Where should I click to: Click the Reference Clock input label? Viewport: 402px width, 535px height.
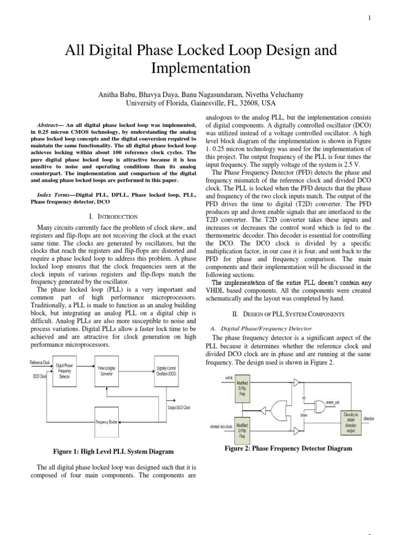(39, 362)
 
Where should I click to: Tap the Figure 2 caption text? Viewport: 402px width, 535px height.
(288, 448)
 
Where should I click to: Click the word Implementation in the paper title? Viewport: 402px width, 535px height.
(200, 68)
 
